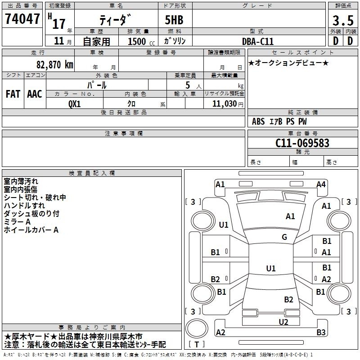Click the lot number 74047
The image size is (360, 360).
tap(22, 18)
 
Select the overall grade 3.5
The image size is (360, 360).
tap(343, 20)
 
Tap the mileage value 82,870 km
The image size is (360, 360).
tap(55, 65)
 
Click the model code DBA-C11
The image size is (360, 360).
tap(258, 41)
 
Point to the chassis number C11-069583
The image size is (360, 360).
tap(302, 143)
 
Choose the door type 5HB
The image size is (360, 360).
tap(174, 20)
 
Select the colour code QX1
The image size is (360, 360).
tap(75, 104)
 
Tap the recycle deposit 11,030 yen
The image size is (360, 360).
tap(228, 104)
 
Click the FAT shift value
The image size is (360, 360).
tap(13, 94)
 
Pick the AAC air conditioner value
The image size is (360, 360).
tap(35, 94)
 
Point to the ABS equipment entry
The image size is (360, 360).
tap(258, 121)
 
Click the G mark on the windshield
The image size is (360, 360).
tap(284, 237)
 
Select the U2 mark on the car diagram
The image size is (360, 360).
tap(283, 322)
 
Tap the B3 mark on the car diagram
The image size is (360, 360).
tap(321, 332)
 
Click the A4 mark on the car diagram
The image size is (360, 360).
tap(321, 184)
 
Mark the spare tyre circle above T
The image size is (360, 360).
tap(197, 328)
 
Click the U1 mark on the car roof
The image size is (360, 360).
tap(271, 268)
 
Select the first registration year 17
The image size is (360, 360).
tap(59, 24)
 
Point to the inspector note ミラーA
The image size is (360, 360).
tap(17, 222)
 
